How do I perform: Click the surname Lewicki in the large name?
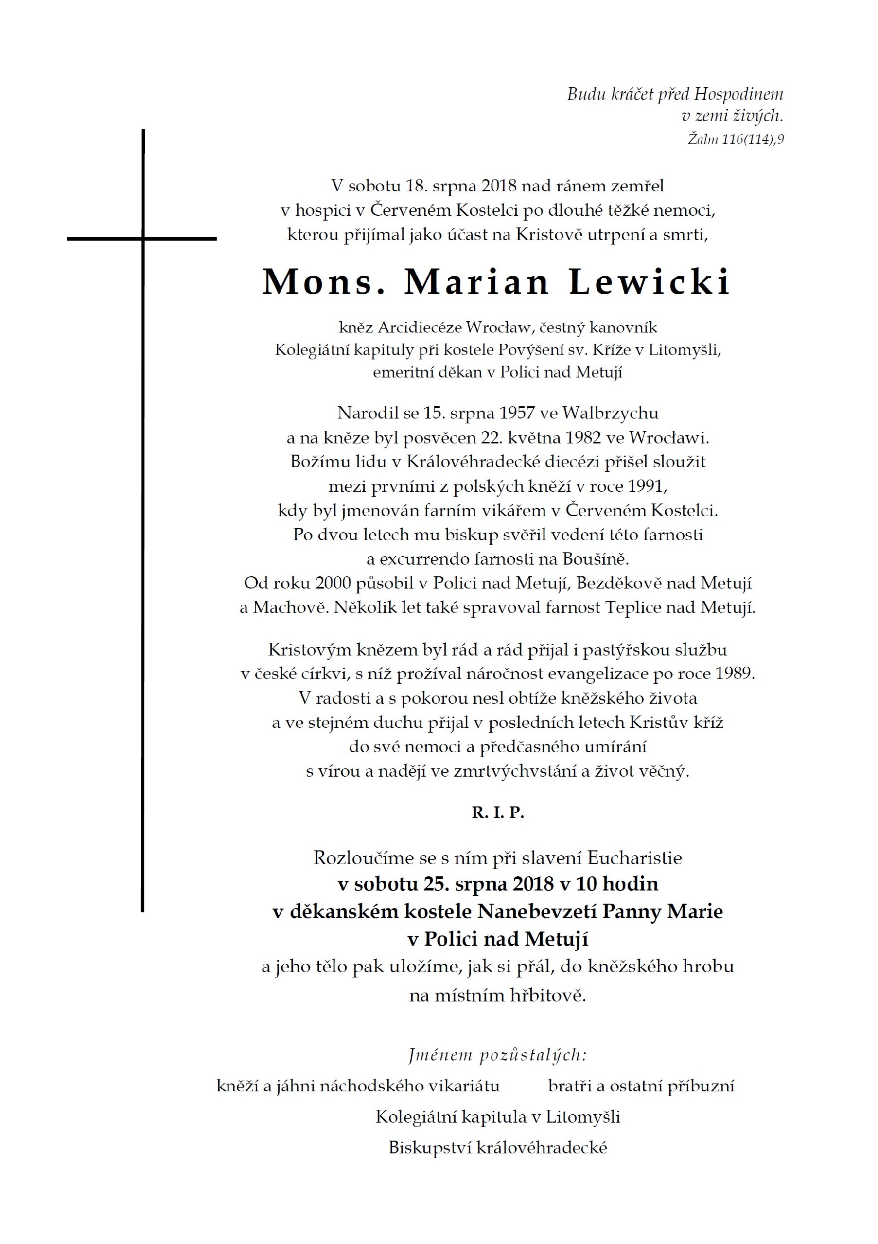click(650, 282)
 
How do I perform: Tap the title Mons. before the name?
click(324, 282)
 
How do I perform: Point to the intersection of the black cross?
click(143, 239)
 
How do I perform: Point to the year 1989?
click(734, 674)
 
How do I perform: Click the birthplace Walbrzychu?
click(610, 413)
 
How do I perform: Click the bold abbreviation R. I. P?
click(497, 812)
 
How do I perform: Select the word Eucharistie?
click(634, 858)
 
